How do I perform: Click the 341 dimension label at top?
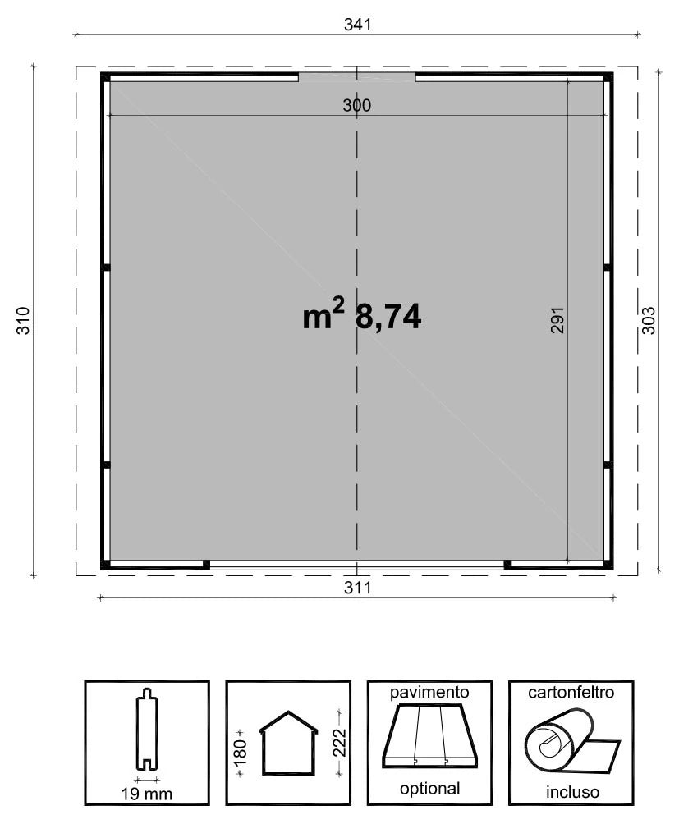(357, 25)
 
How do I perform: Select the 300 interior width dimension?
(357, 105)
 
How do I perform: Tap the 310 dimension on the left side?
(23, 320)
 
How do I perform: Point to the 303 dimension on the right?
(648, 320)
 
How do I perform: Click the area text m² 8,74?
(362, 317)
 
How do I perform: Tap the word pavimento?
(429, 693)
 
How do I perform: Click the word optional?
(429, 790)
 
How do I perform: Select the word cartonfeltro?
(571, 693)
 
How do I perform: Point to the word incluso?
(571, 793)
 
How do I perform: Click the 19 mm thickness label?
(147, 794)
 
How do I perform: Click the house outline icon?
(288, 743)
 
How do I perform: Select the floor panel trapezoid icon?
(429, 737)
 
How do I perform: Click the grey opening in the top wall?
(356, 78)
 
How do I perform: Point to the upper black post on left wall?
(106, 268)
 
